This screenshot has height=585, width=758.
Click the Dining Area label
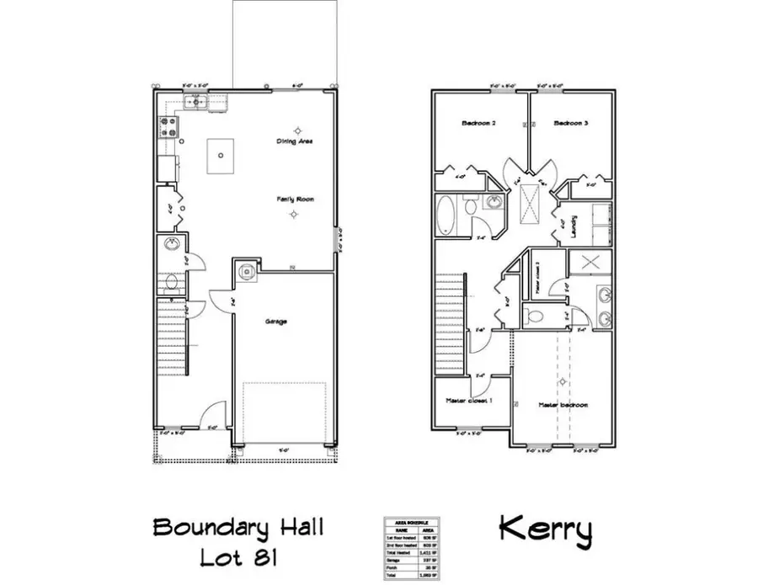point(295,141)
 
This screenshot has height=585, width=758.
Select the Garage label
point(277,322)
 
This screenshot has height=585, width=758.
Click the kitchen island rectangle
point(222,155)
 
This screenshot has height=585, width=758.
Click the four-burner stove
point(166,127)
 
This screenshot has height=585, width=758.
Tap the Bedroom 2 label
point(478,124)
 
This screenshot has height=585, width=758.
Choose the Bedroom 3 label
point(570,124)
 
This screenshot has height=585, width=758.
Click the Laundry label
point(573,226)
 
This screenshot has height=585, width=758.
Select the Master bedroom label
point(563,405)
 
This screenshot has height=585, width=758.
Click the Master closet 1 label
point(468,402)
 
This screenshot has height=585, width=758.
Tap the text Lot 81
point(238,557)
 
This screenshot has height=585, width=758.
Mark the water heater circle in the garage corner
point(246,271)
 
